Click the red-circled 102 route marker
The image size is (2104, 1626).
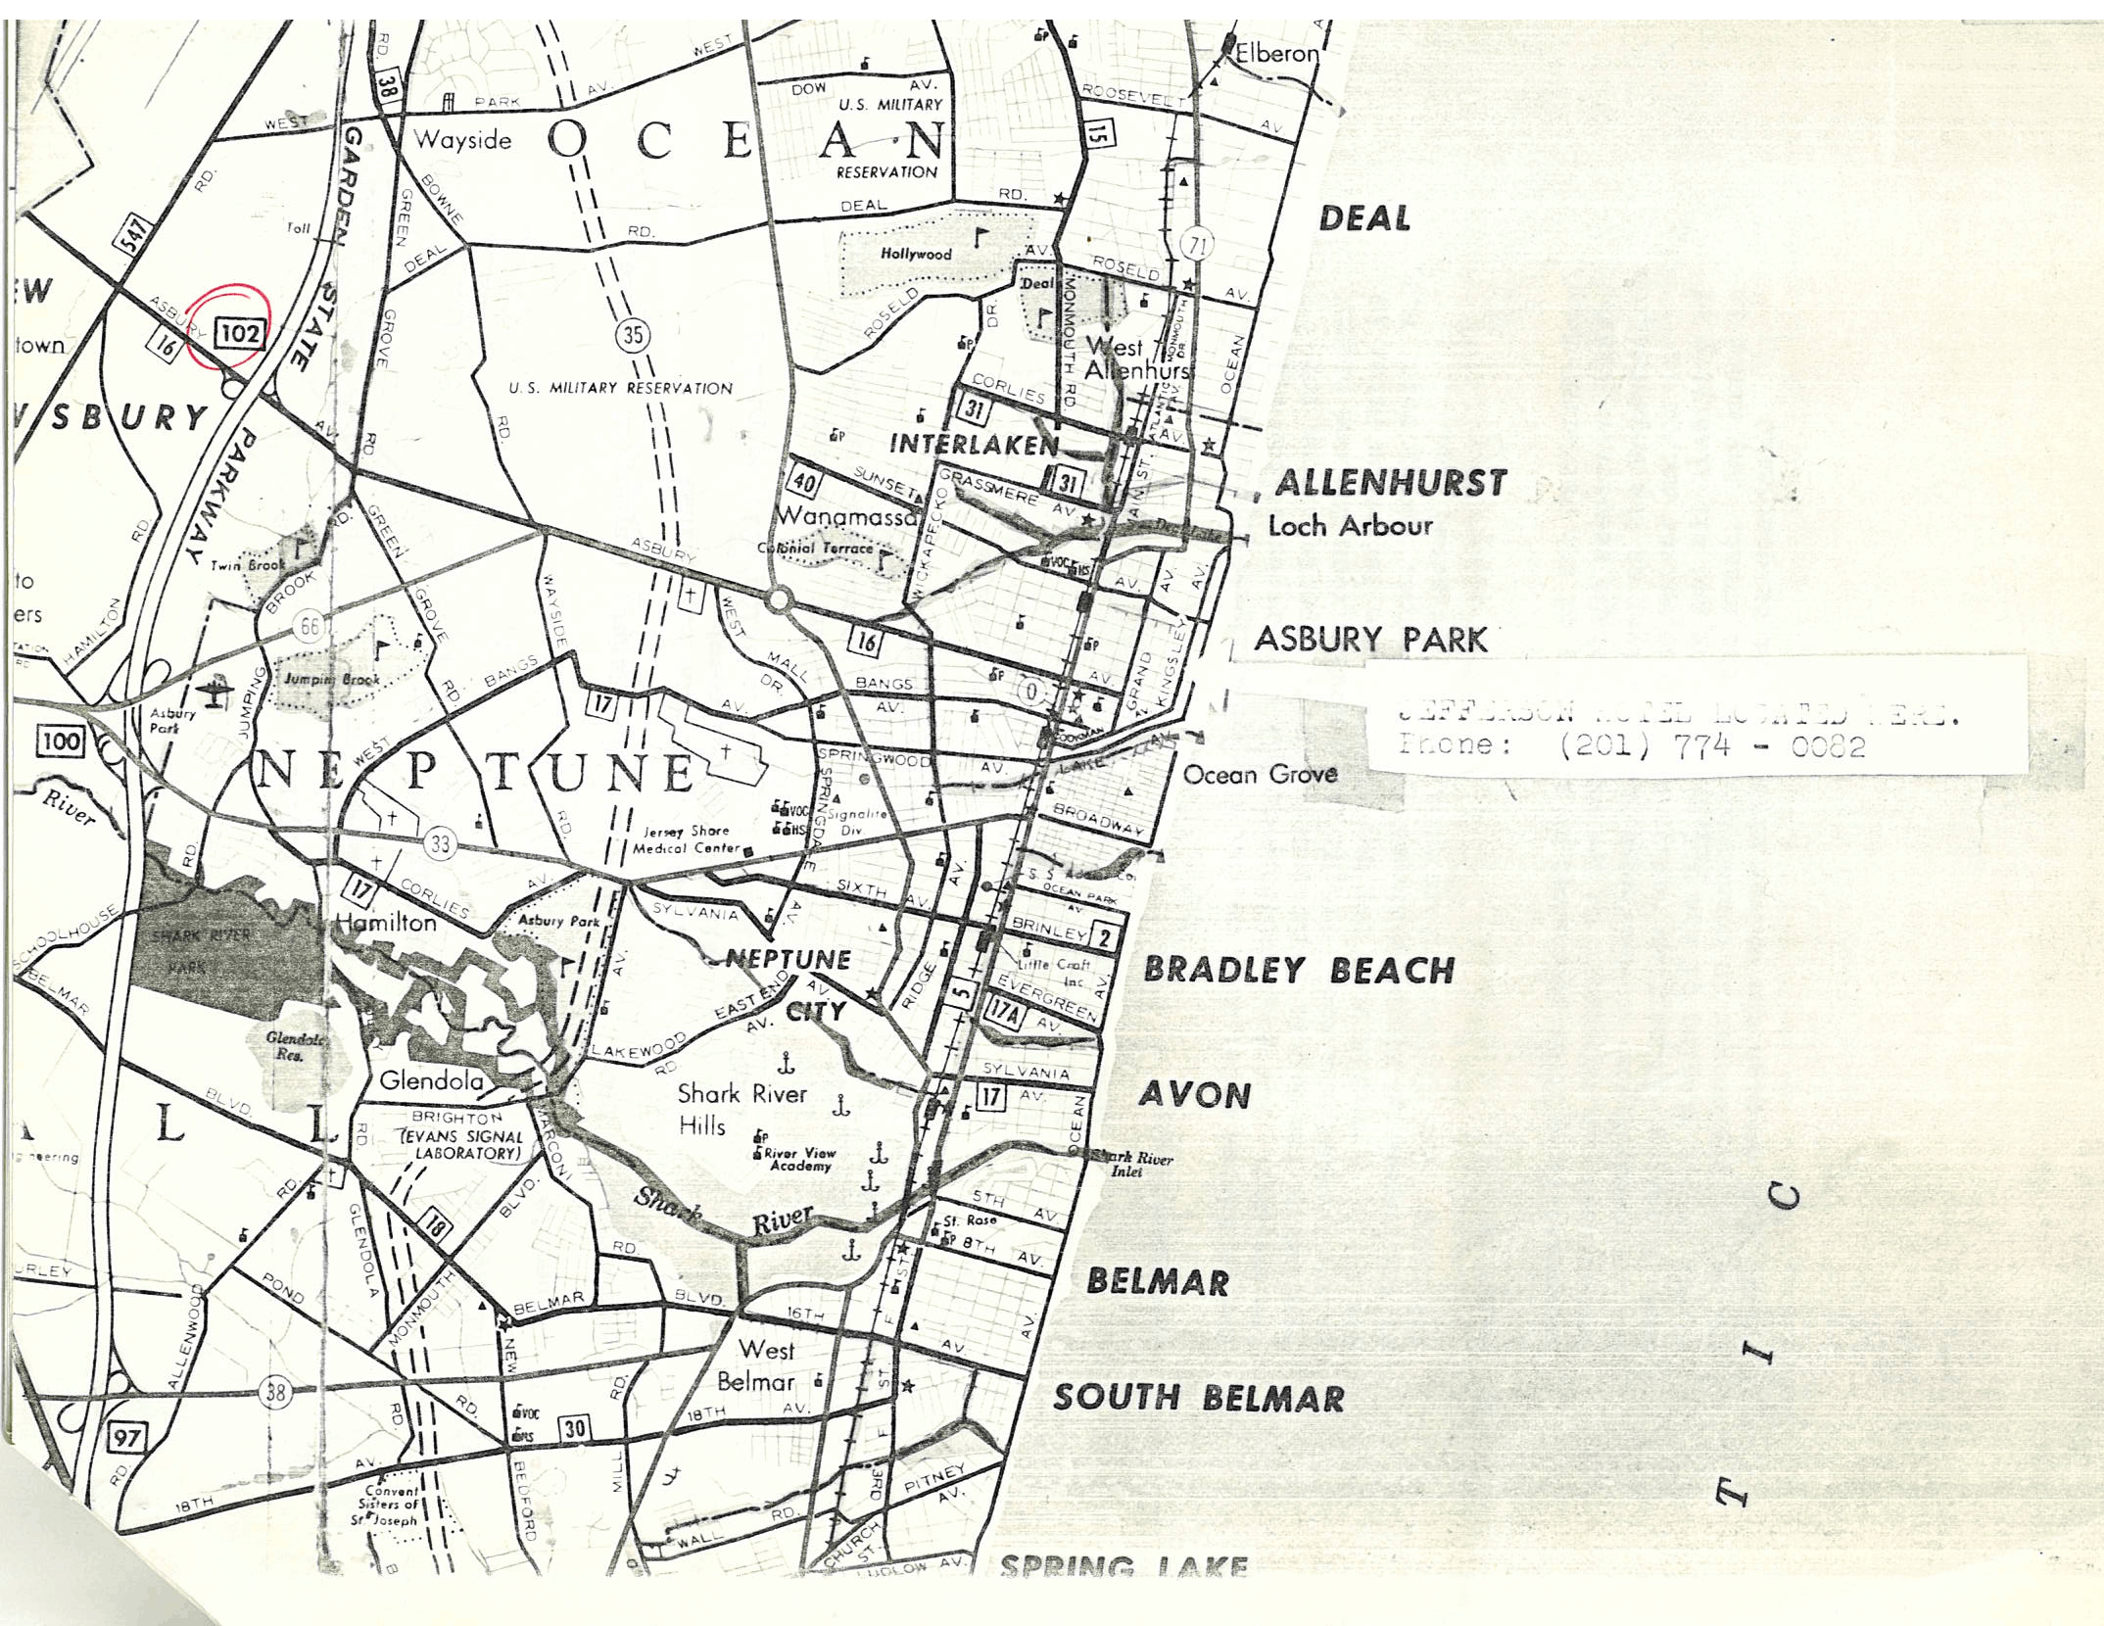[x=239, y=333]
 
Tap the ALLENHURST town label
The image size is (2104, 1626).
[x=1390, y=483]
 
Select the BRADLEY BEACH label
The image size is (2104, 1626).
[x=1299, y=970]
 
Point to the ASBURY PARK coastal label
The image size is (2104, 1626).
[x=1370, y=640]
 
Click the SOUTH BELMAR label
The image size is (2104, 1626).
[x=1198, y=1398]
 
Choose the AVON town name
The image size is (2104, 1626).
[x=1194, y=1094]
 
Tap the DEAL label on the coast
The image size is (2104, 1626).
[x=1364, y=218]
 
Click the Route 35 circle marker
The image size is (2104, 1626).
[x=633, y=335]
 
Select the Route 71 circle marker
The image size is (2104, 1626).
[x=1195, y=245]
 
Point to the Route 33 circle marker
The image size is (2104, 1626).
[x=440, y=843]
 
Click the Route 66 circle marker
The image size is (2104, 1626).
[x=311, y=625]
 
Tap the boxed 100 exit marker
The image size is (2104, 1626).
[x=60, y=741]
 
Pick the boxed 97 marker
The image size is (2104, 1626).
[x=126, y=1438]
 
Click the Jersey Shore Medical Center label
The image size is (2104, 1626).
[x=686, y=839]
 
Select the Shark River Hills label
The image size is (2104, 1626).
[x=741, y=1109]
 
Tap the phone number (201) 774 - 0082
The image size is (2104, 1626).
[x=1712, y=746]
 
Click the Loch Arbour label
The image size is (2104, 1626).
[x=1350, y=526]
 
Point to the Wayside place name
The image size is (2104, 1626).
[x=462, y=140]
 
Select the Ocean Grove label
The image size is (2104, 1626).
[x=1260, y=775]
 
